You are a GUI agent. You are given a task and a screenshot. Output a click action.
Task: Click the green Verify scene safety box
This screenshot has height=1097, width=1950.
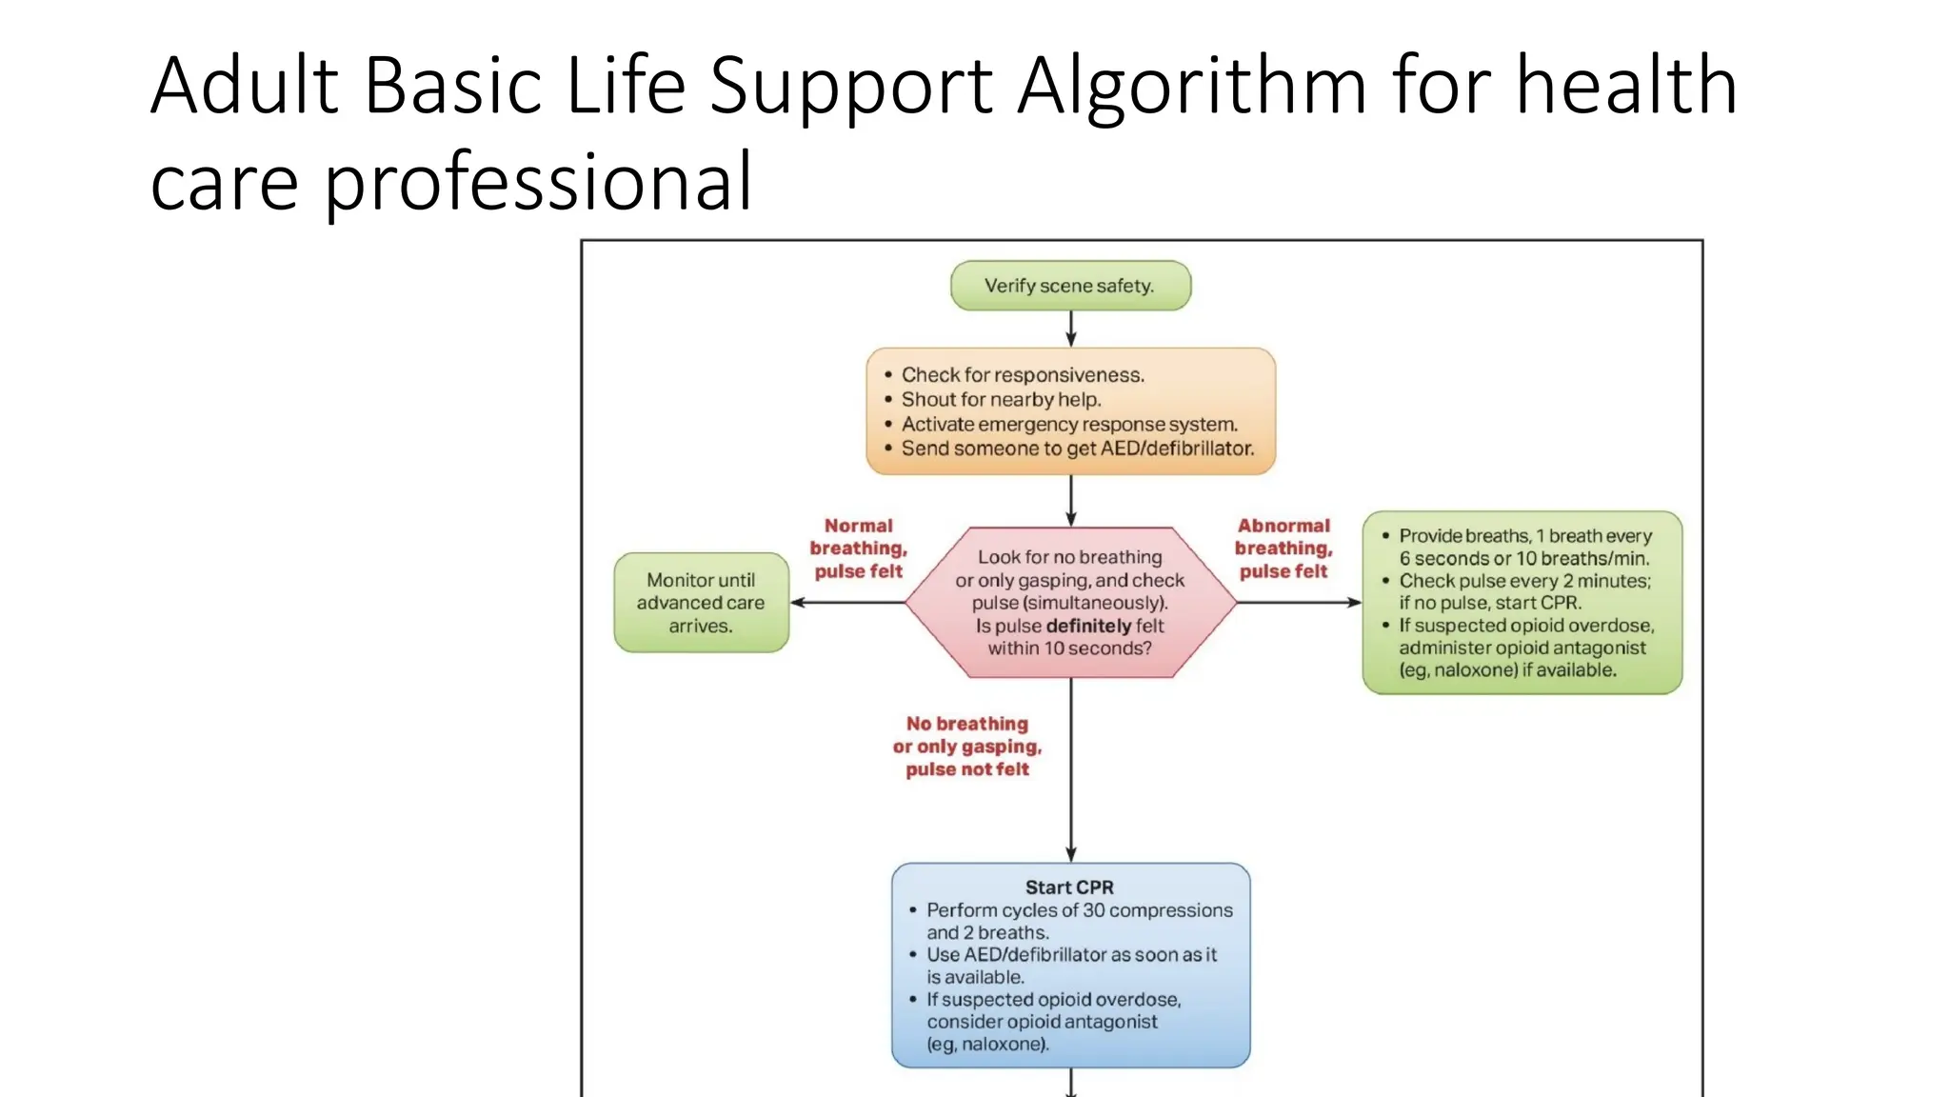(1069, 286)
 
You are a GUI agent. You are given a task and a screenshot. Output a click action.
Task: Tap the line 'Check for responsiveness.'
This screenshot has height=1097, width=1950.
(1022, 375)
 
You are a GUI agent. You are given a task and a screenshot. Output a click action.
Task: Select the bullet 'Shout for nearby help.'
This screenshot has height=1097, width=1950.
(1000, 400)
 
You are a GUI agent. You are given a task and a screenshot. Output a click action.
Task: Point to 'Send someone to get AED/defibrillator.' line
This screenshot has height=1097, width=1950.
(1077, 449)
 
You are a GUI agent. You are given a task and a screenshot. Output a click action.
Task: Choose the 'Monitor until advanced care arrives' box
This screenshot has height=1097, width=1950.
(701, 603)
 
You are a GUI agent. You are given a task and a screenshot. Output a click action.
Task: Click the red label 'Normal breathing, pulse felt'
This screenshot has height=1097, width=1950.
(858, 548)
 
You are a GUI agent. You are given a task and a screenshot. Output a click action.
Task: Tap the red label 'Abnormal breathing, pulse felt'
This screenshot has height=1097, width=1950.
(1283, 548)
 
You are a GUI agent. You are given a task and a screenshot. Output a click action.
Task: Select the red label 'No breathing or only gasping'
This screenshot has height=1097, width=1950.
(966, 747)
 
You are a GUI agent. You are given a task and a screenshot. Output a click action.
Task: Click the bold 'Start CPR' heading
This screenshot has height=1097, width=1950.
(1068, 888)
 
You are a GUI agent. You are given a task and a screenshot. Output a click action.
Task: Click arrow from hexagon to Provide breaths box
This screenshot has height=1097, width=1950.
(1299, 603)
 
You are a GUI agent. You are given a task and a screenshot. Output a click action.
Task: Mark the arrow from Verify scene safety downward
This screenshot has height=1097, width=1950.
(1070, 329)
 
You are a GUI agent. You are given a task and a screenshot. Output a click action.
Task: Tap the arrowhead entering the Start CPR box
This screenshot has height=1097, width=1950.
(1070, 854)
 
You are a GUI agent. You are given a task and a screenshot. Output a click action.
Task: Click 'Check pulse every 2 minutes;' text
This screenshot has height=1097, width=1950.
(1523, 581)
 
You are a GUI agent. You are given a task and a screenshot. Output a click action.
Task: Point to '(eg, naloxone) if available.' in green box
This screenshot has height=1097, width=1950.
(1506, 670)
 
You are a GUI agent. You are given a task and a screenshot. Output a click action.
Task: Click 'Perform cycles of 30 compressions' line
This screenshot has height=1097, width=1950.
(1079, 910)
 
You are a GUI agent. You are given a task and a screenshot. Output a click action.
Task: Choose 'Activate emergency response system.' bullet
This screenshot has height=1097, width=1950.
(1068, 425)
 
